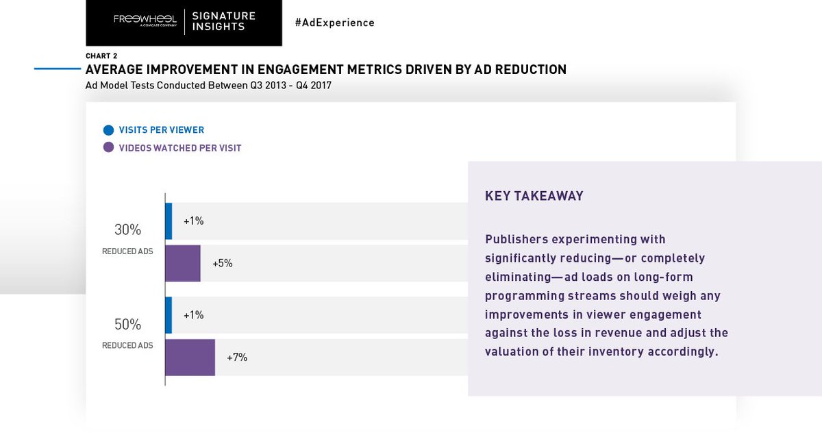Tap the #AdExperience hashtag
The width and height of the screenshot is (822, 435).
tap(334, 23)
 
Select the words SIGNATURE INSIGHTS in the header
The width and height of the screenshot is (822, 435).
tap(223, 21)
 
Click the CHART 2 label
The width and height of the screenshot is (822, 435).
tap(100, 56)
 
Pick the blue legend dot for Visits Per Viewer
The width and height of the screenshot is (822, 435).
tap(108, 129)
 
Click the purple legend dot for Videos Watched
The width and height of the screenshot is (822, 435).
tap(108, 147)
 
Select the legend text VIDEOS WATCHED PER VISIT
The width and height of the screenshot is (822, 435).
tap(179, 148)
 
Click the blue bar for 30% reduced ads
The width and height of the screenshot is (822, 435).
tap(169, 221)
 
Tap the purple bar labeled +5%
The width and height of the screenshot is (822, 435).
tap(183, 263)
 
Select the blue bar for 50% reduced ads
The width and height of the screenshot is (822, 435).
tap(169, 315)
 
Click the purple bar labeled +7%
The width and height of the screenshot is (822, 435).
tap(190, 358)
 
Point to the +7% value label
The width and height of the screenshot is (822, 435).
tap(237, 358)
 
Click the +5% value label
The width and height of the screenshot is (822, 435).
tap(223, 263)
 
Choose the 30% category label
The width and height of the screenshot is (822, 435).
tap(127, 230)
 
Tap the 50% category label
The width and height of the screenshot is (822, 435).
tap(127, 324)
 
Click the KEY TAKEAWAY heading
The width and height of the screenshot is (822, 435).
tap(534, 196)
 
